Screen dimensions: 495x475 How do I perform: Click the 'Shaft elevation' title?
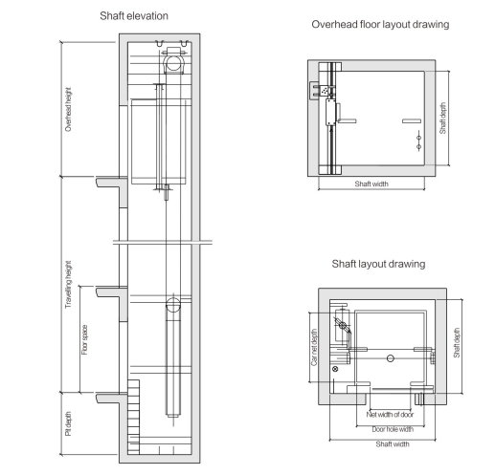coord(134,16)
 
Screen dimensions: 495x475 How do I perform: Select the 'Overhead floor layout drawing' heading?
coord(380,24)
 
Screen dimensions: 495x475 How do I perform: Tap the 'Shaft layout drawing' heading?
coord(378,264)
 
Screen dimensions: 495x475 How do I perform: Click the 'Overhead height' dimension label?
coord(68,109)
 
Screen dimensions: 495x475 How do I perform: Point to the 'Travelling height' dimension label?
coord(68,285)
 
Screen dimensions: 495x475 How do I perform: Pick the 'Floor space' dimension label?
coord(84,339)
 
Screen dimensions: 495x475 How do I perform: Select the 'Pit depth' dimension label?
coord(68,423)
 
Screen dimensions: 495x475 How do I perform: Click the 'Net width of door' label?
coord(390,415)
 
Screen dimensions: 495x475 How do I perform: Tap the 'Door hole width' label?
coord(393,429)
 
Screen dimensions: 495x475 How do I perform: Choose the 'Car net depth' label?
coord(314,347)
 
